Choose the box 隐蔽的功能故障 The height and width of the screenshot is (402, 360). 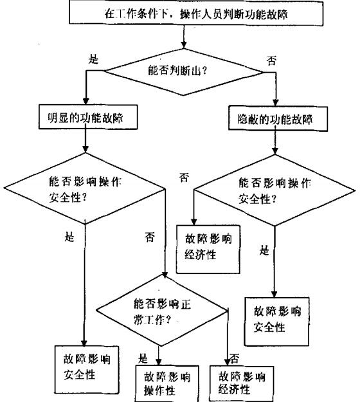(274, 119)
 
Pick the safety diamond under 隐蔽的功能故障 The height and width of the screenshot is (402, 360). (274, 191)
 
